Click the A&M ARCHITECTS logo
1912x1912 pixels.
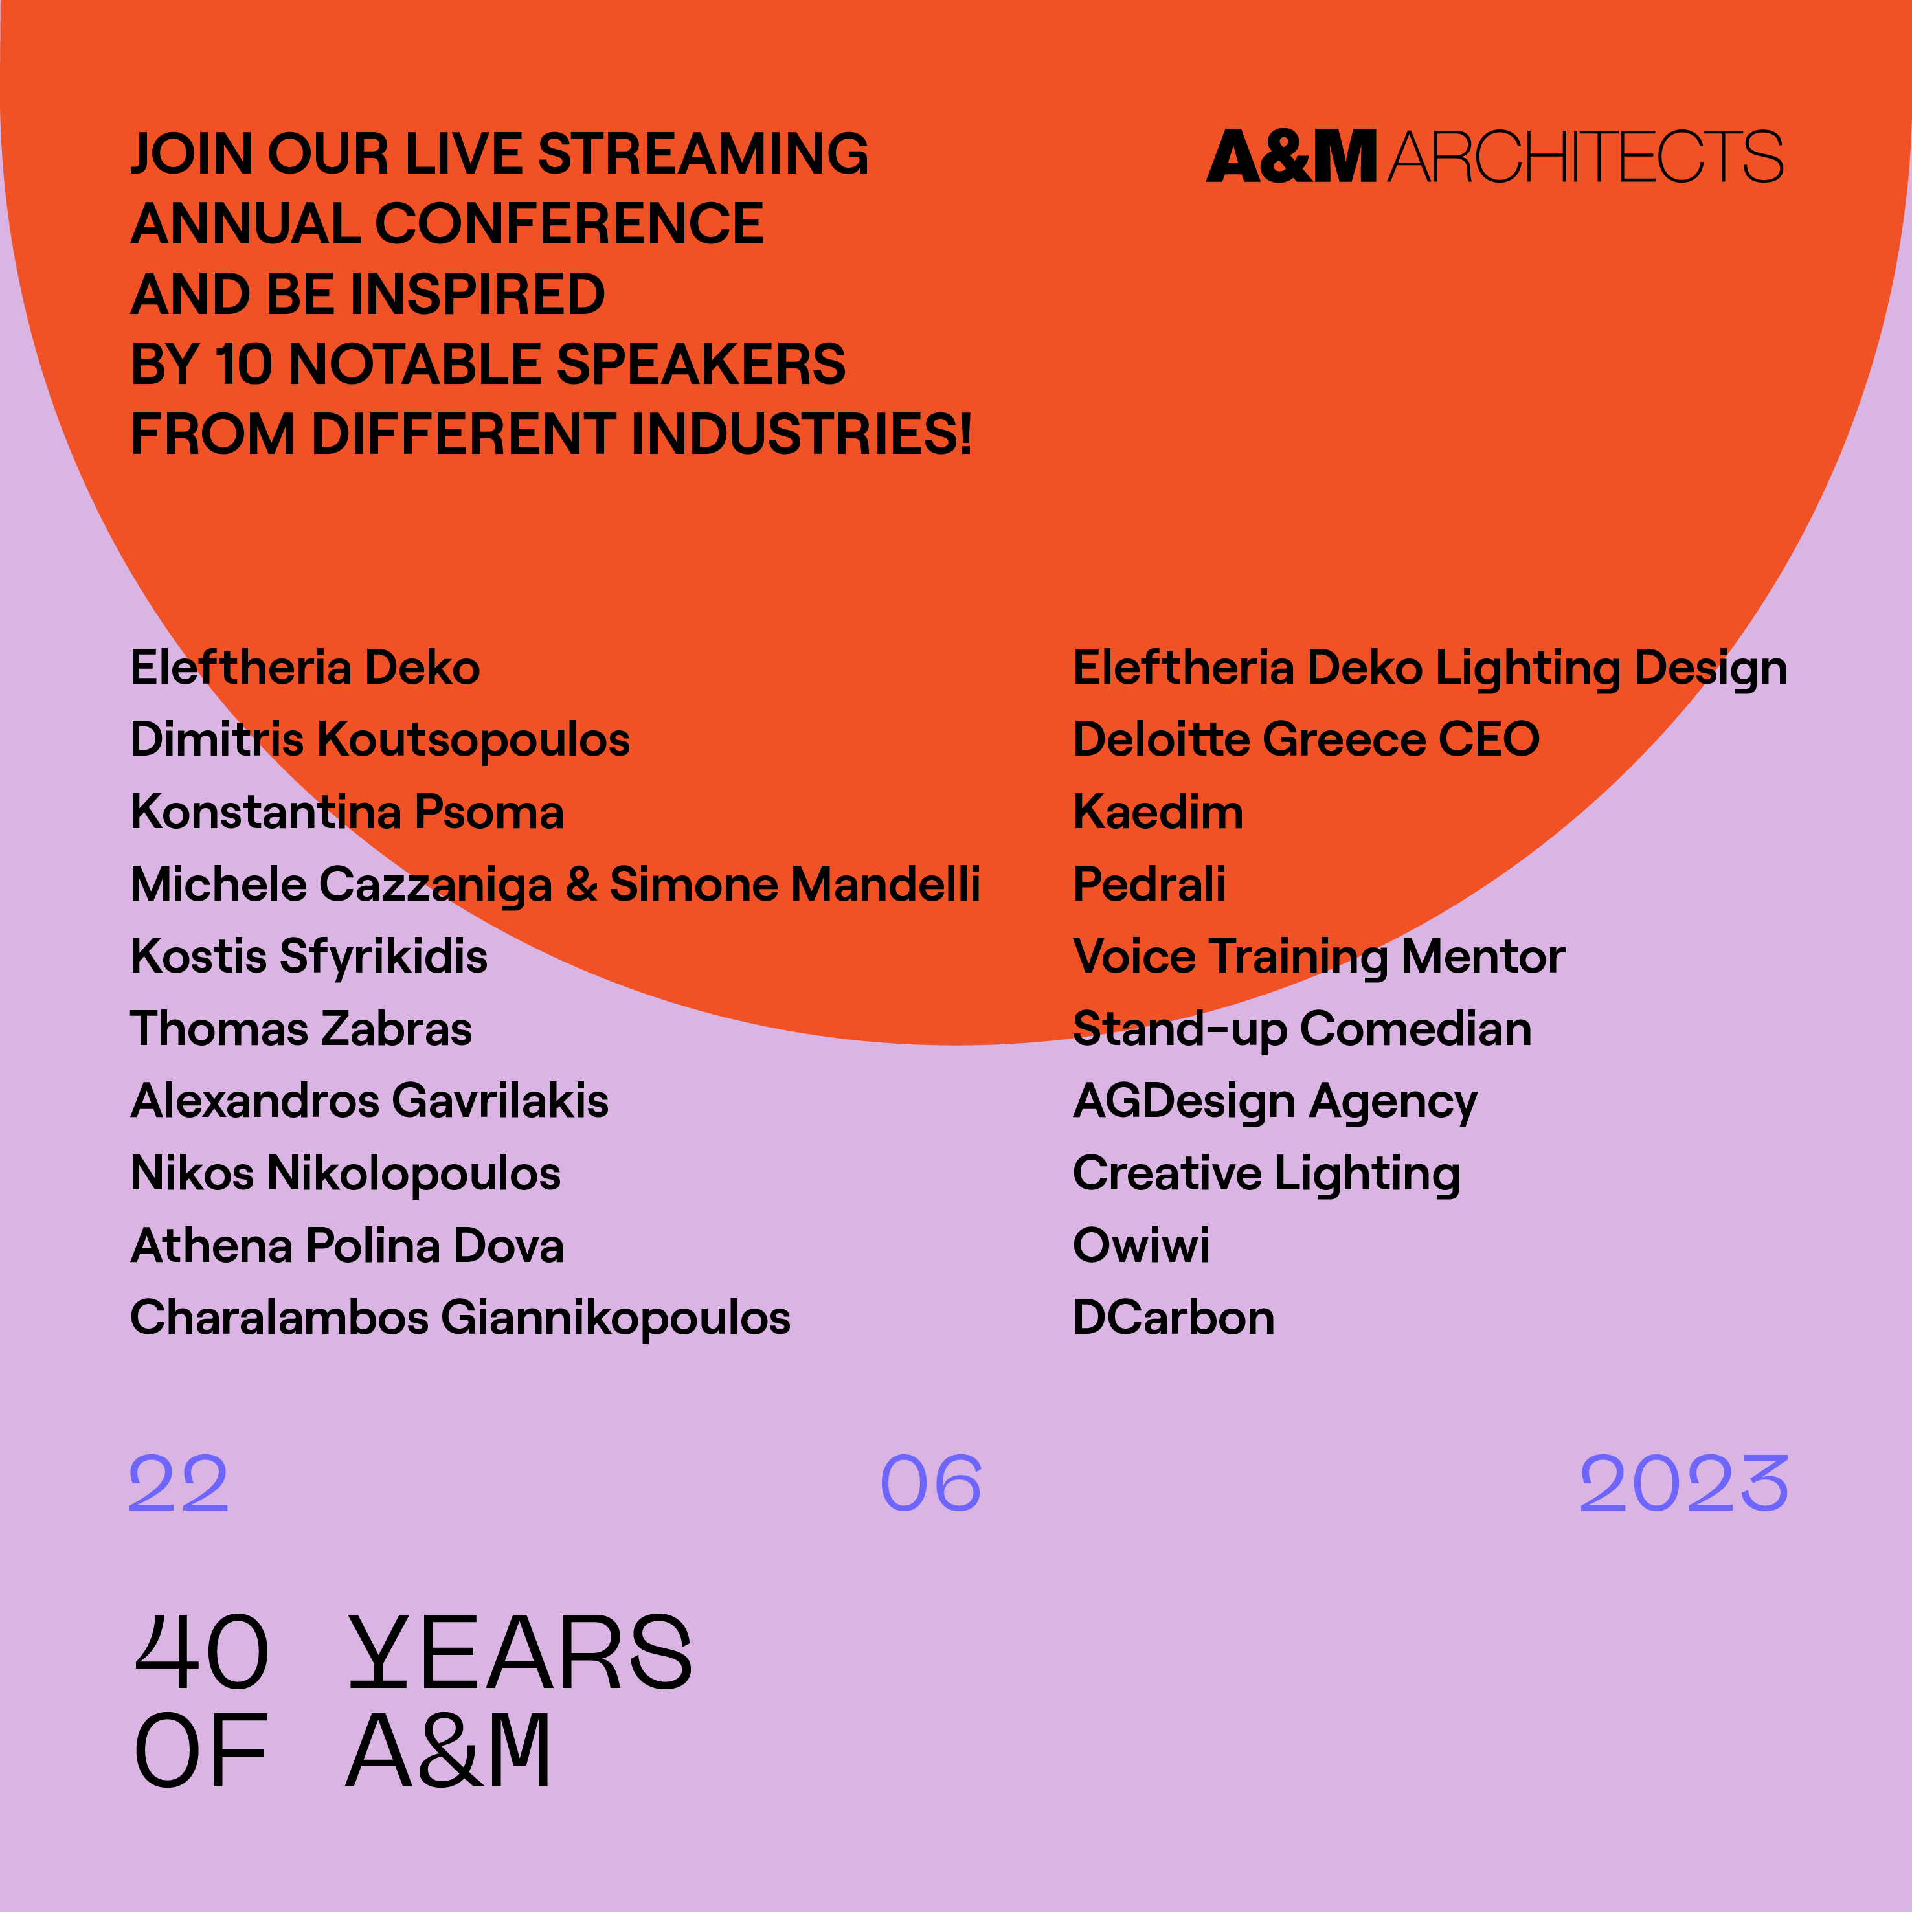pyautogui.click(x=1494, y=156)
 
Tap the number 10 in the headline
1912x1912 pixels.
pyautogui.click(x=243, y=364)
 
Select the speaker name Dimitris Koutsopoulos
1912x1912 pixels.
pyautogui.click(x=380, y=740)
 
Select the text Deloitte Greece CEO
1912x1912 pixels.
pyautogui.click(x=1307, y=740)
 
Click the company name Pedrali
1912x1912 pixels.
pyautogui.click(x=1149, y=884)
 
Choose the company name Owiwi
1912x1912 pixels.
pyautogui.click(x=1141, y=1246)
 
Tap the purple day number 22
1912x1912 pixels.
pyautogui.click(x=179, y=1483)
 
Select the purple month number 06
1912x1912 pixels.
pyautogui.click(x=931, y=1483)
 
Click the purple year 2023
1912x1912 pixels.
pyautogui.click(x=1683, y=1483)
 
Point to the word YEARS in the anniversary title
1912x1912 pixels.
pyautogui.click(x=521, y=1653)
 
